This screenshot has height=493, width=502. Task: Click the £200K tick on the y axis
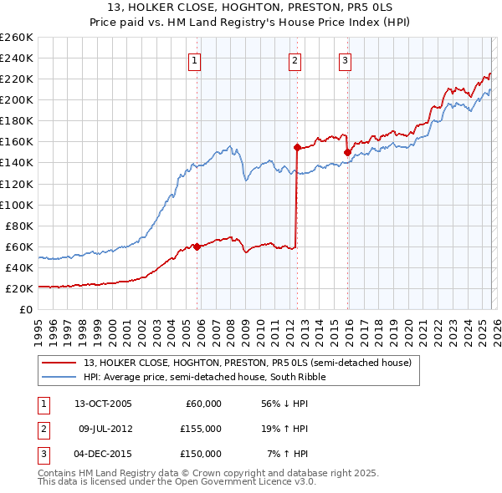(x=16, y=99)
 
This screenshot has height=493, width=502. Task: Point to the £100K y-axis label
(x=16, y=205)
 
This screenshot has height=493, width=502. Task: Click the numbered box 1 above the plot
(x=194, y=59)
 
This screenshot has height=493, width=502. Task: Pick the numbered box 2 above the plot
(x=295, y=59)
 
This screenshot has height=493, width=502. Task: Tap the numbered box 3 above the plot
(x=345, y=59)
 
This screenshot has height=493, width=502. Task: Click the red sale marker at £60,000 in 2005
(x=197, y=246)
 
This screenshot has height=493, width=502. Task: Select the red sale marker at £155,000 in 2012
(x=297, y=147)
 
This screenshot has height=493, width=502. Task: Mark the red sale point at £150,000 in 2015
(x=347, y=152)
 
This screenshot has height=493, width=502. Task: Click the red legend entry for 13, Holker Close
(x=247, y=363)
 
